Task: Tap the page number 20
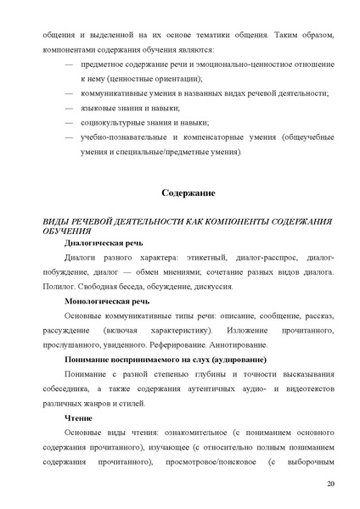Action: (x=330, y=483)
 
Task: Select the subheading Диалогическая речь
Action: (x=98, y=243)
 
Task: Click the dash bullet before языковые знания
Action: (x=70, y=107)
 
